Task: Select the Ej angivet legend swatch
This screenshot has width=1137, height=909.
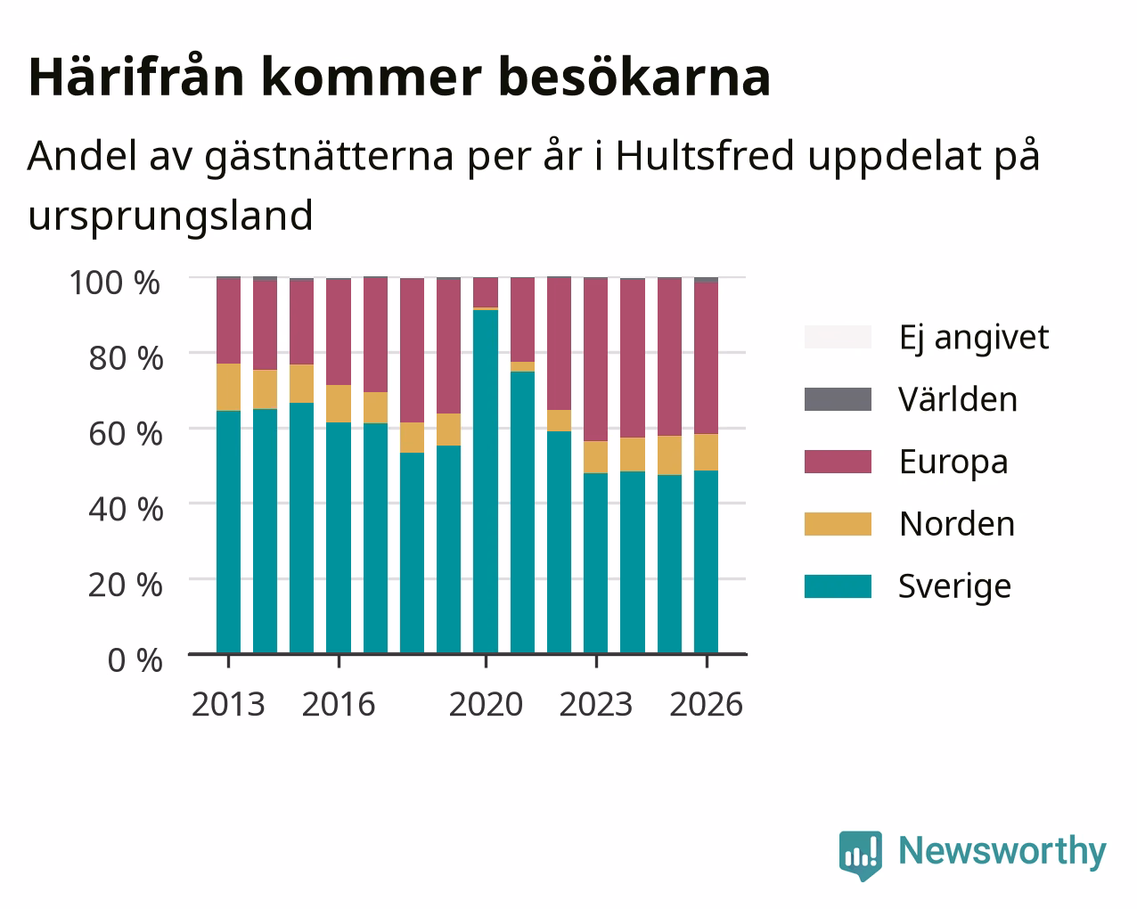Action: coord(838,337)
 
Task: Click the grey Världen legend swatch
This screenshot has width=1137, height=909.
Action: coord(838,399)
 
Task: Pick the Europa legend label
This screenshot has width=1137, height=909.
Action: coord(953,463)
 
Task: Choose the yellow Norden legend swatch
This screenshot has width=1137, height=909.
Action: coord(838,524)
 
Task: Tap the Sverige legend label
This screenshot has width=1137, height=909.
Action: coord(954,587)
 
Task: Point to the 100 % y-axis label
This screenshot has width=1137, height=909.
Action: coord(115,283)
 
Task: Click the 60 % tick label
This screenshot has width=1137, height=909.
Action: coord(126,434)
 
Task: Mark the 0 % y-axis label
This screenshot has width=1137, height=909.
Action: coord(135,660)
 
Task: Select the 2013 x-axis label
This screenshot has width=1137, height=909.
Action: coord(228,704)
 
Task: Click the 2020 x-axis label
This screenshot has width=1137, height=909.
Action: coord(486,704)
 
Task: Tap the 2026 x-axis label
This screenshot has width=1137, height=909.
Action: coord(706,704)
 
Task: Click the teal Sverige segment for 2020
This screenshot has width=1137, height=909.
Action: coord(486,481)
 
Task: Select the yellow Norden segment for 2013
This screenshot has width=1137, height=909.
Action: coord(228,387)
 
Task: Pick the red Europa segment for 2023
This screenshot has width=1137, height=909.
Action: coord(595,359)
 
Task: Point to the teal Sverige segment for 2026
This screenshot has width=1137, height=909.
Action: coord(706,561)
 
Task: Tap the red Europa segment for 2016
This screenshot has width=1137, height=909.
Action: coord(339,332)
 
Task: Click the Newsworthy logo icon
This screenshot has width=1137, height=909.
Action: coord(861,855)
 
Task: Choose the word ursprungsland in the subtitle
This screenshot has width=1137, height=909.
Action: coord(171,217)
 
